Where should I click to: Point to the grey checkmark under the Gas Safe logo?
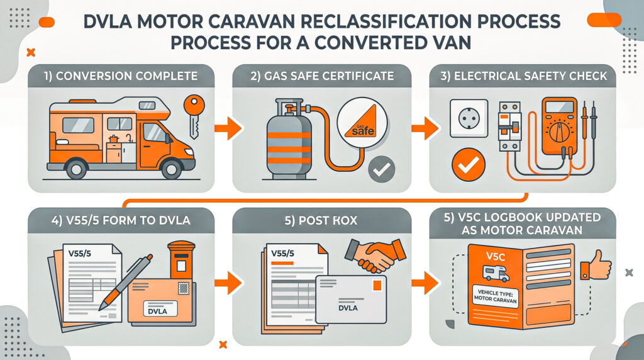(x=382, y=169)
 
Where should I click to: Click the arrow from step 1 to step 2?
(x=227, y=130)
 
